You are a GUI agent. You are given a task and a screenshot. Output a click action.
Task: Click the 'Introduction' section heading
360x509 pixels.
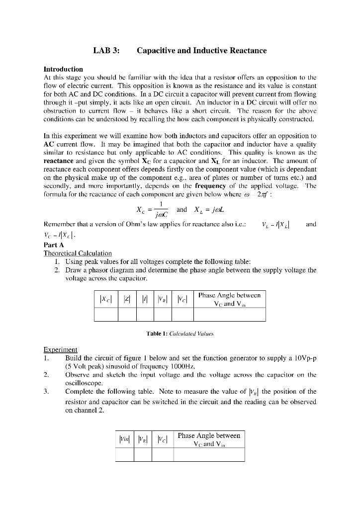click(63, 69)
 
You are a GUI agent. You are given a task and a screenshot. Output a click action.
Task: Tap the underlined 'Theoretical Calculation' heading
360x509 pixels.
click(78, 253)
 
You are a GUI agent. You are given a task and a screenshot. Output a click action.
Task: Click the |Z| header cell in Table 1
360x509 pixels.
click(127, 300)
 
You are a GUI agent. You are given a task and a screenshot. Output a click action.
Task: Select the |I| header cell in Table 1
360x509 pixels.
click(145, 300)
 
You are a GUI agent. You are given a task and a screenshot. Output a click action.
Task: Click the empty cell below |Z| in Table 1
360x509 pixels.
click(127, 315)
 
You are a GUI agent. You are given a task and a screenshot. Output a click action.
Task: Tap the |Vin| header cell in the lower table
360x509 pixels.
click(124, 439)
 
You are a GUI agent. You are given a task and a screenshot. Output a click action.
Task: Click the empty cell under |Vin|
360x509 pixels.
click(124, 454)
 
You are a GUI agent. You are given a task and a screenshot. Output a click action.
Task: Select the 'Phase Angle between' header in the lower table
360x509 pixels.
click(209, 435)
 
